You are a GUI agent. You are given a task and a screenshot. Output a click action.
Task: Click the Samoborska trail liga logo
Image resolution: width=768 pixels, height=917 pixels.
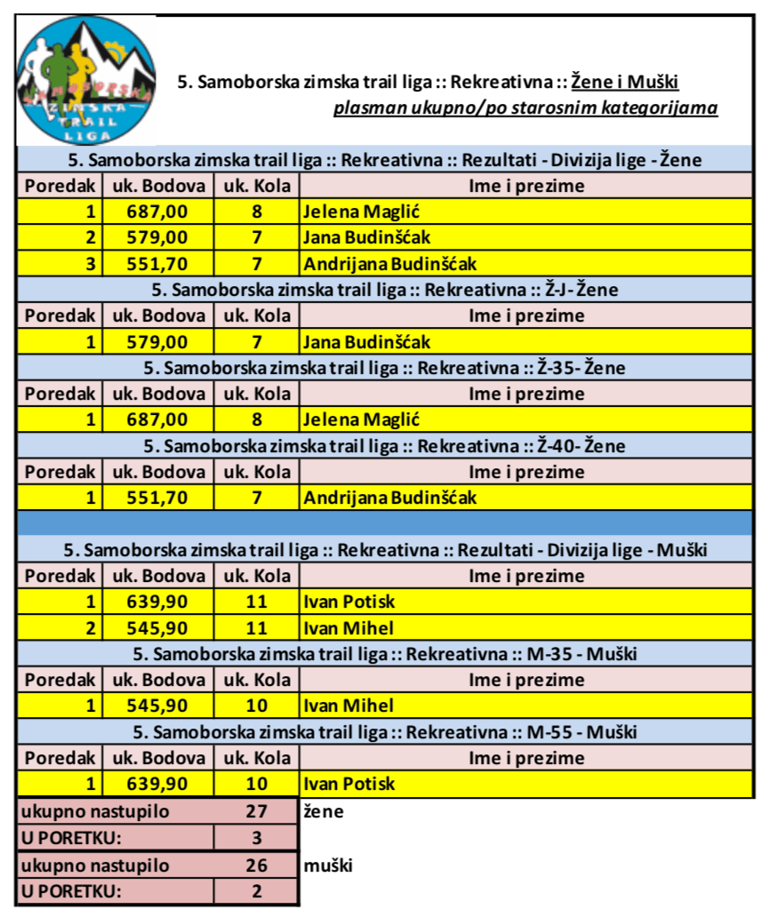pos(86,81)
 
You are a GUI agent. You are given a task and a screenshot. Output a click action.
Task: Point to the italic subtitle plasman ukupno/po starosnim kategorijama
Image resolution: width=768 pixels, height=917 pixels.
pos(525,109)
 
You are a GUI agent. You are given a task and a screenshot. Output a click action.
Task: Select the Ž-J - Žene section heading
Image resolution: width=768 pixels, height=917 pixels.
pos(384,290)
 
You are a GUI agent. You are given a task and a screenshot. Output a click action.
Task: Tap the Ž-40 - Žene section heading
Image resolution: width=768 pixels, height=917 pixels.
pos(384,445)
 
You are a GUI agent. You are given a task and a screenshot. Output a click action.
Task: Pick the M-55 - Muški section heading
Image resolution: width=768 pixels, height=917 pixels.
pos(384,732)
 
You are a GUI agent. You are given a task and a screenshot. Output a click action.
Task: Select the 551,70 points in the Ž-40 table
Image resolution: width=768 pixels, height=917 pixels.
pos(158,498)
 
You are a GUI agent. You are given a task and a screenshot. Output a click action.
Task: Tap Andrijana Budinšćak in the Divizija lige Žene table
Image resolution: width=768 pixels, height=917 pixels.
pos(390,264)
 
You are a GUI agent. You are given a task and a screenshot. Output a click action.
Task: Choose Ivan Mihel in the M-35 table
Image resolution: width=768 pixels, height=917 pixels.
pos(348,706)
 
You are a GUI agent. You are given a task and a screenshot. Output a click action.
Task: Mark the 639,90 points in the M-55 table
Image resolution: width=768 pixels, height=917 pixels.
pos(158,785)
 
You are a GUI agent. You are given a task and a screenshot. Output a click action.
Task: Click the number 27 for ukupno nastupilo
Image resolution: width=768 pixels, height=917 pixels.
pos(256,811)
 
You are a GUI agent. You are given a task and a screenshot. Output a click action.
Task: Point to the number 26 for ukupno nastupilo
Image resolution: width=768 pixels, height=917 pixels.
pos(256,865)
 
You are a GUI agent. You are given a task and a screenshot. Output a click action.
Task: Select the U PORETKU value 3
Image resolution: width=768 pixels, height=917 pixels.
pos(256,838)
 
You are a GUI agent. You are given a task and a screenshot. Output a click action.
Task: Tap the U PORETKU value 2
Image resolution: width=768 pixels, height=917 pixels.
pos(256,891)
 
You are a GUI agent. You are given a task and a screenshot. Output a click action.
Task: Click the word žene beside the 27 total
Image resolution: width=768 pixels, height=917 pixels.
pos(324,811)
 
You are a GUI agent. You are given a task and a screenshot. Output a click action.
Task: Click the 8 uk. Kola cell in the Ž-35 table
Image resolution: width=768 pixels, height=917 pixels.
pos(256,419)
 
